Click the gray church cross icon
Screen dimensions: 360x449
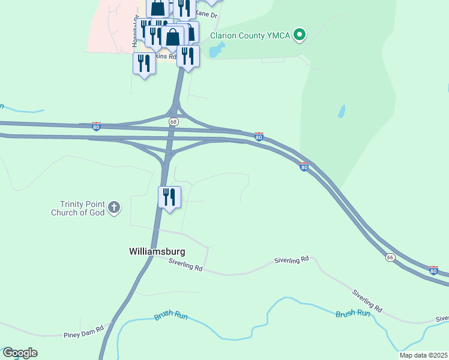(x=114, y=208)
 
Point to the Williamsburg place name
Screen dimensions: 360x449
(x=157, y=251)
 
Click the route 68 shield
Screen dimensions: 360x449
(x=173, y=122)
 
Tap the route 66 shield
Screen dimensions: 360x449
(x=390, y=257)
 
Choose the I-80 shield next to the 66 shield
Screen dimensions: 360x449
(x=433, y=271)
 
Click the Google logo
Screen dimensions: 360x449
(x=20, y=353)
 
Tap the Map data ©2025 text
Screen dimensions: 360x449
(x=423, y=355)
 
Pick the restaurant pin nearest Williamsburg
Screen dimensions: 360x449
(x=170, y=197)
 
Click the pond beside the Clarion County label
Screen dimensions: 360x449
(x=214, y=50)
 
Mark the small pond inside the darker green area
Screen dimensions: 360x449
(x=342, y=111)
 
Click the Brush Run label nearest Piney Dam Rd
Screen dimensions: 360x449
(x=170, y=315)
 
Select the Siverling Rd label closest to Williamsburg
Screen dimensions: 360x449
(x=185, y=264)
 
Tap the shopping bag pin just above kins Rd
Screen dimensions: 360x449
(x=173, y=37)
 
